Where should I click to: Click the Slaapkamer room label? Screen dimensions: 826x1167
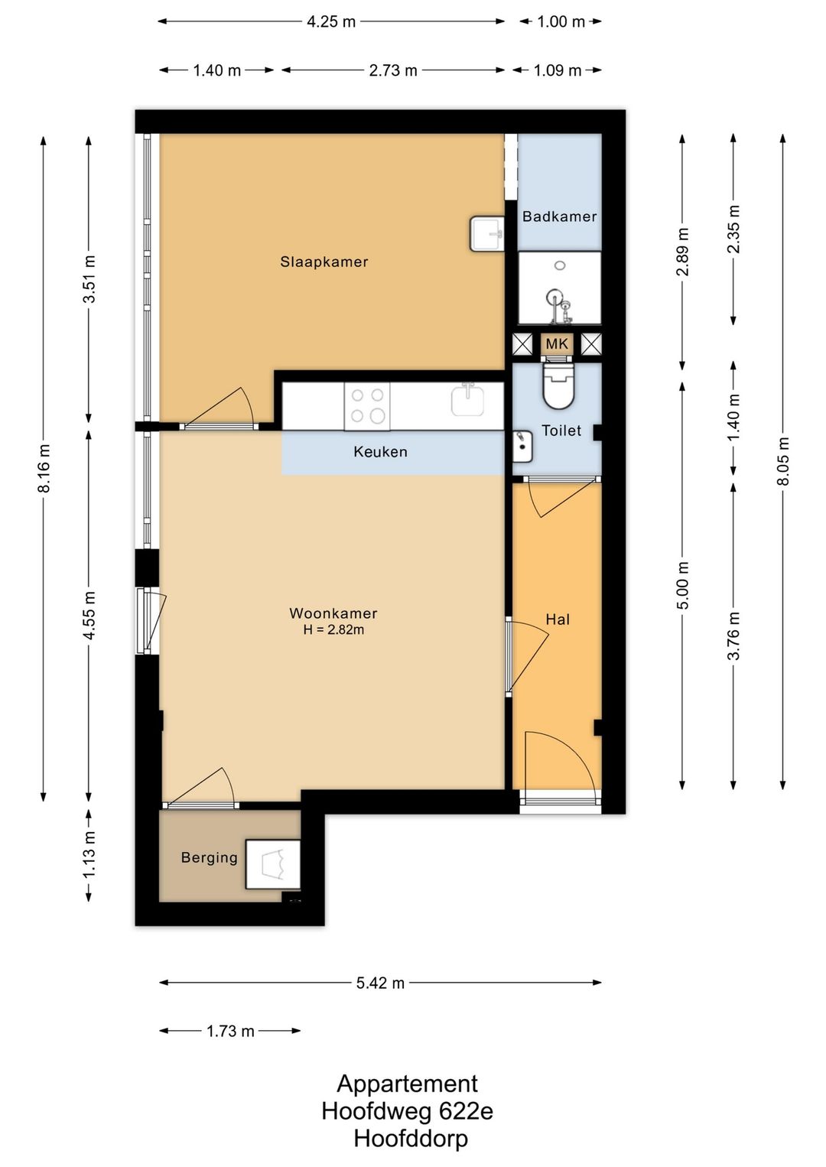[x=324, y=262]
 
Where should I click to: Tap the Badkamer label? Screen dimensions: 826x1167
[x=560, y=216]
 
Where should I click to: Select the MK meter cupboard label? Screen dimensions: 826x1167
[x=557, y=344]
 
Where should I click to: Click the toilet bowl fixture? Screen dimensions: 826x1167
[x=558, y=386]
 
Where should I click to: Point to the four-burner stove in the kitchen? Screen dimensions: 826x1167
[x=367, y=407]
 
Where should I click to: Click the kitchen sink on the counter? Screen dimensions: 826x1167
[x=468, y=400]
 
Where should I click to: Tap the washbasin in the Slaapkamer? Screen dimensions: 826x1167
[x=486, y=234]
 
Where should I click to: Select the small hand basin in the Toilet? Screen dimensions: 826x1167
[x=522, y=447]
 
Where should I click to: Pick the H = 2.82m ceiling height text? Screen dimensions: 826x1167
[x=333, y=630]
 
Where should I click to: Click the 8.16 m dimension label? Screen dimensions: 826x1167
[x=44, y=468]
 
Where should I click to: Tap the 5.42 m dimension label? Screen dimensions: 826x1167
[x=380, y=983]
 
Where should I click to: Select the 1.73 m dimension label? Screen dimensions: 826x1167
[x=230, y=1031]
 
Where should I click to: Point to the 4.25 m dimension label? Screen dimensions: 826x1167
[x=331, y=22]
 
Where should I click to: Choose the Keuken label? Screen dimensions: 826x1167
[x=380, y=452]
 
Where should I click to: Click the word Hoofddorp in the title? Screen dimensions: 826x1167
[x=411, y=1139]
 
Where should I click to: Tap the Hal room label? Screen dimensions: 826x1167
[x=558, y=619]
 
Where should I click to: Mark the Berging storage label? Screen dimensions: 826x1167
[x=209, y=857]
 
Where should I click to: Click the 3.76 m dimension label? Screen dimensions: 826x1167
[x=733, y=636]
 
